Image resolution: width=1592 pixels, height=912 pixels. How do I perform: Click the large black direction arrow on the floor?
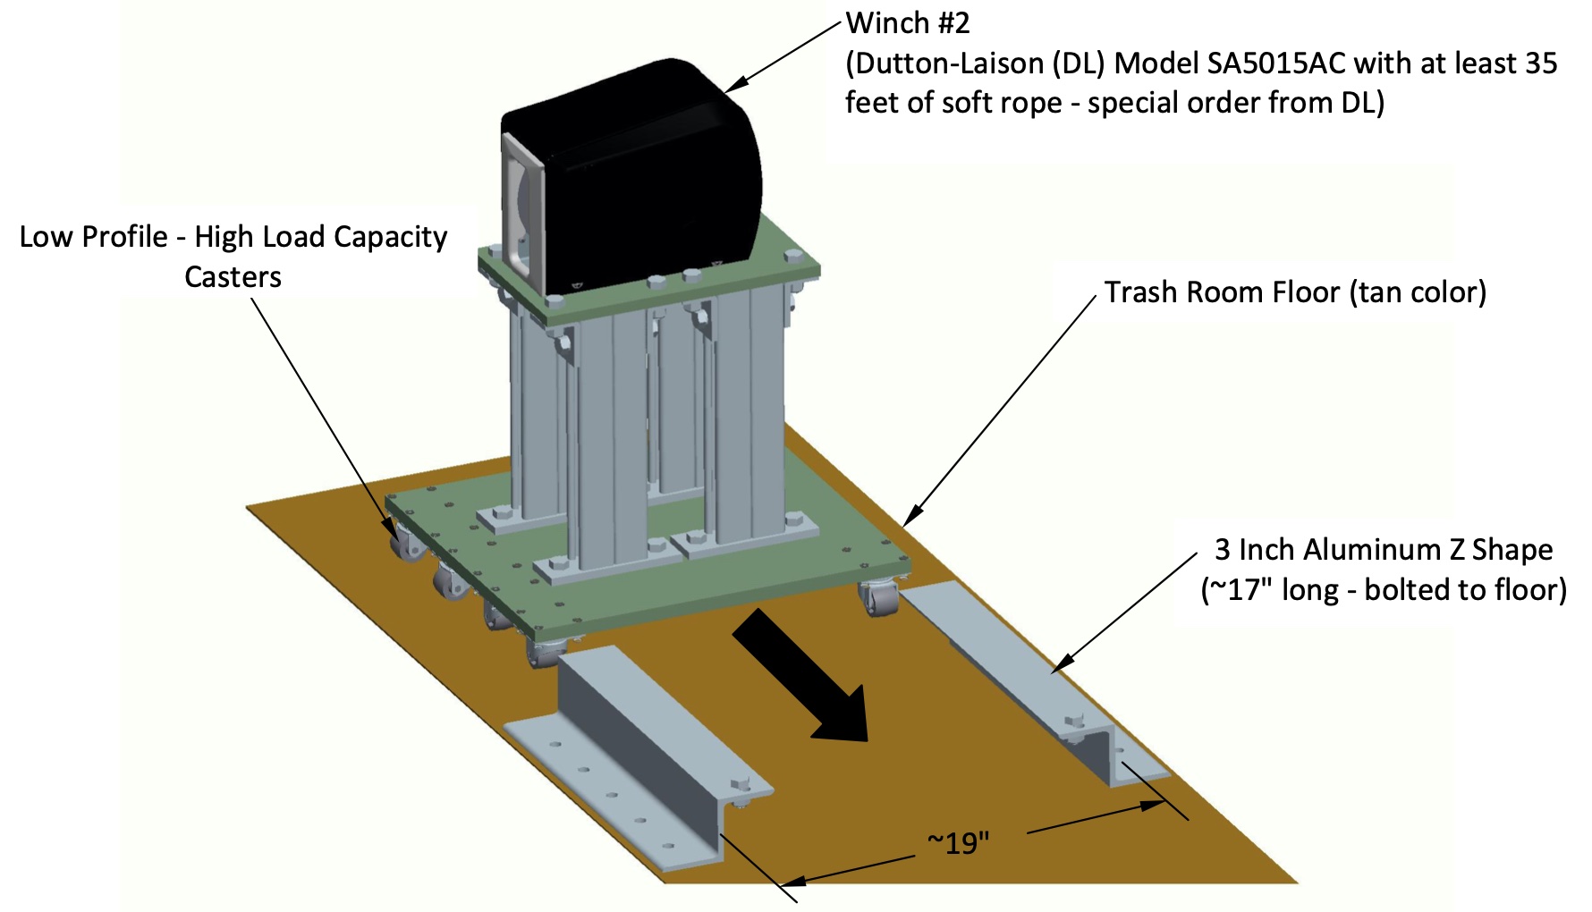pyautogui.click(x=805, y=680)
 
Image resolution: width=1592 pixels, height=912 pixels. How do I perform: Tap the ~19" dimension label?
pyautogui.click(x=959, y=843)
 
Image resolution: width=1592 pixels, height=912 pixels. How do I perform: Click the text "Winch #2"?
pyautogui.click(x=908, y=23)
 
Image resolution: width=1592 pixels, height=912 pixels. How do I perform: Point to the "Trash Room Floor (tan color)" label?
pyautogui.click(x=1294, y=292)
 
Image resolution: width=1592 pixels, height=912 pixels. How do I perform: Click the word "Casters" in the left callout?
pyautogui.click(x=233, y=277)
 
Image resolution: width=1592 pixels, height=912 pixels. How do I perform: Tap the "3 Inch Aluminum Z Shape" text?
pyautogui.click(x=1383, y=549)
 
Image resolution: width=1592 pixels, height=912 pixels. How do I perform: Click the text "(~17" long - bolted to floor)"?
pyautogui.click(x=1383, y=590)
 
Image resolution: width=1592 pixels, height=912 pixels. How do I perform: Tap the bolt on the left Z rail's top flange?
pyautogui.click(x=739, y=786)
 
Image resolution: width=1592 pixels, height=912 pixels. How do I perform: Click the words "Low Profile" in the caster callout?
pyautogui.click(x=93, y=237)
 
